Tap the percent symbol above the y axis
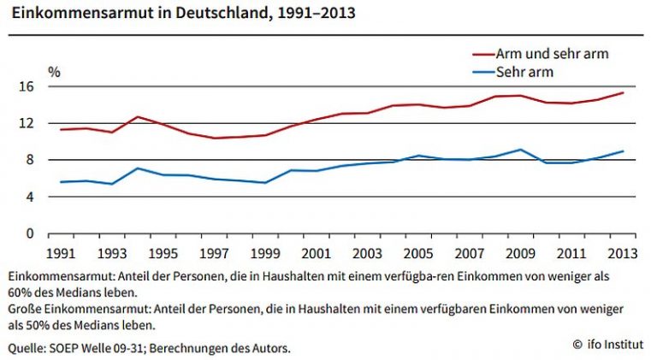[x=55, y=72]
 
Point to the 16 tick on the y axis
[x=26, y=86]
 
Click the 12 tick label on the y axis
[x=26, y=123]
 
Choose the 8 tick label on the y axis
[x=30, y=160]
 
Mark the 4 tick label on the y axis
[x=30, y=197]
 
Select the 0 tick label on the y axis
[x=30, y=233]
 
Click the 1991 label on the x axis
[x=61, y=254]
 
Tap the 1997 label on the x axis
[x=214, y=254]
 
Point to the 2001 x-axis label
[x=316, y=254]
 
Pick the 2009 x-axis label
[x=520, y=254]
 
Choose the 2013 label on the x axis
[x=622, y=254]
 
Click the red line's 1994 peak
[x=138, y=117]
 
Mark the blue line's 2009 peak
[x=520, y=150]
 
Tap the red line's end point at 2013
[x=623, y=93]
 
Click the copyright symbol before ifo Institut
[x=577, y=345]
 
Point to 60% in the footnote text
[x=20, y=292]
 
